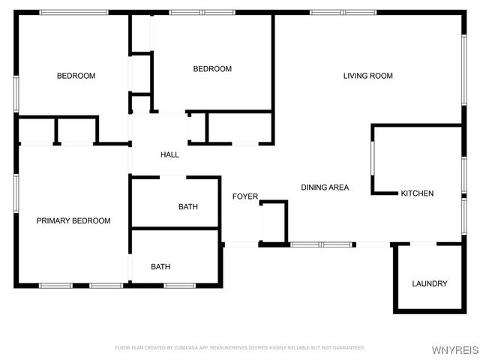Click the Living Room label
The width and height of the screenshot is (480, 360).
pyautogui.click(x=367, y=76)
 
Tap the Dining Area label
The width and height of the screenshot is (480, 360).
pyautogui.click(x=325, y=187)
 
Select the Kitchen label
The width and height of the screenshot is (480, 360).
pyautogui.click(x=417, y=193)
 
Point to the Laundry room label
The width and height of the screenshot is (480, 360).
pyautogui.click(x=430, y=283)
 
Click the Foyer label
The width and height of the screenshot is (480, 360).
pyautogui.click(x=244, y=196)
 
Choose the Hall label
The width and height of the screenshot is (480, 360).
pyautogui.click(x=169, y=154)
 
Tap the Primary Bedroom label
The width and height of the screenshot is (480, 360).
pyautogui.click(x=73, y=220)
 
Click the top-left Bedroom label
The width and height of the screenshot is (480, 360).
pyautogui.click(x=76, y=76)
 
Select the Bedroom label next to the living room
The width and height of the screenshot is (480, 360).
pyautogui.click(x=212, y=69)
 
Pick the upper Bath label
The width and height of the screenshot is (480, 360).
pyautogui.click(x=187, y=206)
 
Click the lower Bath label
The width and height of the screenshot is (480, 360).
pyautogui.click(x=160, y=266)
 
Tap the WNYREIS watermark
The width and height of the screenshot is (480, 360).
pyautogui.click(x=457, y=350)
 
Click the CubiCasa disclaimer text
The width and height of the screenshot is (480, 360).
pyautogui.click(x=239, y=348)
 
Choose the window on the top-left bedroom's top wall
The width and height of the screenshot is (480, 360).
pyautogui.click(x=73, y=12)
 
